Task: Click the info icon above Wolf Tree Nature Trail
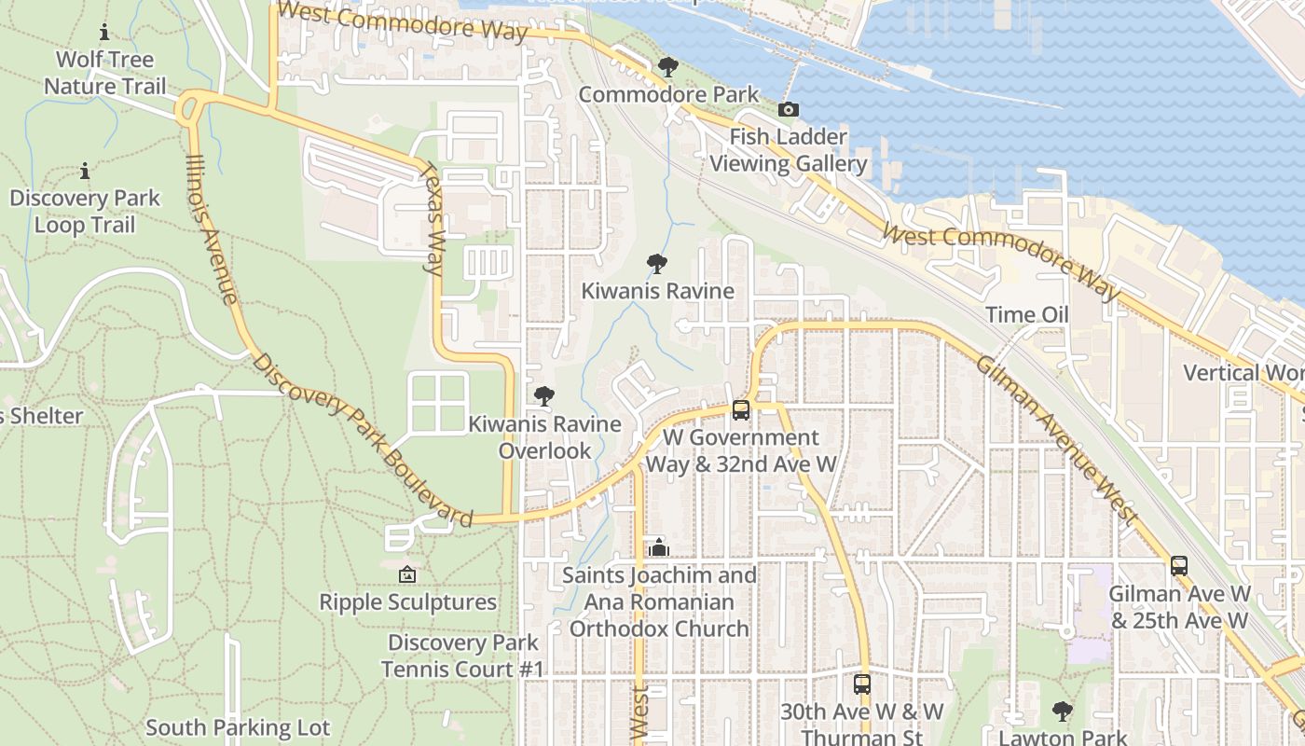click(x=103, y=33)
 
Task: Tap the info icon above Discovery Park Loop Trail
click(x=85, y=171)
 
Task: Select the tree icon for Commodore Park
click(x=667, y=66)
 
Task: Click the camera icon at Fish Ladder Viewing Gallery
click(x=788, y=110)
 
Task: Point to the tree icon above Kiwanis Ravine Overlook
click(x=543, y=396)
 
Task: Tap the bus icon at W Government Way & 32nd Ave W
click(x=741, y=409)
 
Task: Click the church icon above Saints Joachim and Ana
click(x=659, y=546)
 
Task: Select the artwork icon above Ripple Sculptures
click(x=407, y=574)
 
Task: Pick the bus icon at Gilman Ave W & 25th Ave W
click(x=1179, y=565)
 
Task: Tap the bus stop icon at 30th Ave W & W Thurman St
click(x=862, y=684)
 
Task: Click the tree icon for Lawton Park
click(x=1062, y=711)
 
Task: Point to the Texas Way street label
click(x=433, y=219)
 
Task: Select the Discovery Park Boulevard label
click(x=363, y=440)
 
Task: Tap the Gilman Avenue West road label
click(x=1056, y=438)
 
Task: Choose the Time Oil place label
click(x=1027, y=315)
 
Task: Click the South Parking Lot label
click(x=238, y=727)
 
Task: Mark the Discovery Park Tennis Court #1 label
click(x=462, y=656)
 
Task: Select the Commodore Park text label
click(x=668, y=95)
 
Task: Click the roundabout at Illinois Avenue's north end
click(x=191, y=107)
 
